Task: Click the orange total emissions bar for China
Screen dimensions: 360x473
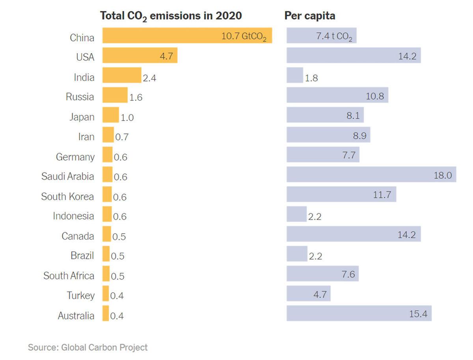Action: pyautogui.click(x=187, y=35)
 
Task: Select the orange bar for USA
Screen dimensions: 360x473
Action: pyautogui.click(x=140, y=55)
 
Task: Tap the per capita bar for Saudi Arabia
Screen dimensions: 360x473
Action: pyautogui.click(x=371, y=174)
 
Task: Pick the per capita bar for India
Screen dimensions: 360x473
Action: pyautogui.click(x=295, y=75)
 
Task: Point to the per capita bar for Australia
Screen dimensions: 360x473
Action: pyautogui.click(x=359, y=313)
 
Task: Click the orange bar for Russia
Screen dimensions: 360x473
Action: pyautogui.click(x=115, y=95)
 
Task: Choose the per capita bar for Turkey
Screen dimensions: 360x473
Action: pyautogui.click(x=308, y=293)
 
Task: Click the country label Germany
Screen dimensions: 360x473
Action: pyautogui.click(x=75, y=157)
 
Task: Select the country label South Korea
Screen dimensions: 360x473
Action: pyautogui.click(x=67, y=196)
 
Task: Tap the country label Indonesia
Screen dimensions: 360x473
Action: pyautogui.click(x=74, y=216)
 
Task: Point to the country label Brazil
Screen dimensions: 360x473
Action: pyautogui.click(x=82, y=256)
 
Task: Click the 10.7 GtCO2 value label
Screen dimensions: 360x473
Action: pyautogui.click(x=244, y=37)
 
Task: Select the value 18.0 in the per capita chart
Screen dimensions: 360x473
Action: pyautogui.click(x=443, y=175)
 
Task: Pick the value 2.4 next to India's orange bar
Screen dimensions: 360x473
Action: pyautogui.click(x=149, y=78)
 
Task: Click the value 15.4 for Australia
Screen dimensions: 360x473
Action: pyautogui.click(x=418, y=314)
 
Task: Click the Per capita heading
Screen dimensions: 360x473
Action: pyautogui.click(x=310, y=16)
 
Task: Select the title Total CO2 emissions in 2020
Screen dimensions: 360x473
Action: pyautogui.click(x=171, y=16)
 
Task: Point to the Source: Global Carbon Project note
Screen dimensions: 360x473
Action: pyautogui.click(x=88, y=347)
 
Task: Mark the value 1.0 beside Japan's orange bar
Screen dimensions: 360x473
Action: pyautogui.click(x=127, y=117)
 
